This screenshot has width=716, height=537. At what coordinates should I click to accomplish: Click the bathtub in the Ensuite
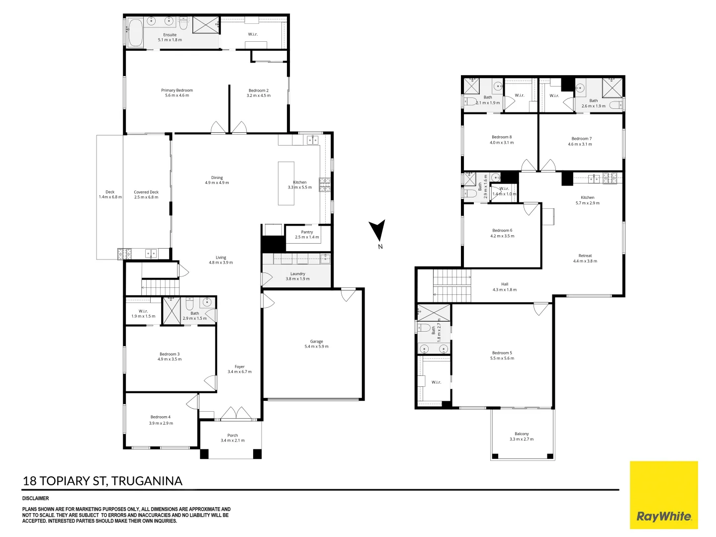click(x=135, y=33)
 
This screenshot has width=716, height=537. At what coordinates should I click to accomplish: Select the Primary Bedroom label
click(x=177, y=90)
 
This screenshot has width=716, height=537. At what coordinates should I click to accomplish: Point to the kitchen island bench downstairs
click(x=286, y=183)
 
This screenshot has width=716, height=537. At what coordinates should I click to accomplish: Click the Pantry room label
click(x=307, y=232)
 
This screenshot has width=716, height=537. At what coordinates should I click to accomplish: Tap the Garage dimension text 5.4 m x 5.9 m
click(x=316, y=347)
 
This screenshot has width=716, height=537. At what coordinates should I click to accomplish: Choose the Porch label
click(x=233, y=435)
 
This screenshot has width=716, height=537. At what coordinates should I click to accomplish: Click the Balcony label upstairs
click(x=522, y=434)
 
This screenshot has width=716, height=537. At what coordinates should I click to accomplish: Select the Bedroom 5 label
click(x=502, y=353)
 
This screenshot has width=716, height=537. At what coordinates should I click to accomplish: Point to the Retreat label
click(x=585, y=256)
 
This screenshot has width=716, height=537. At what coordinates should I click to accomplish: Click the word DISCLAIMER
click(x=36, y=498)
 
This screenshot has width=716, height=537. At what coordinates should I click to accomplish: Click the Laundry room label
click(x=297, y=274)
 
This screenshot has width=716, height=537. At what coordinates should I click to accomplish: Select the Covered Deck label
click(x=146, y=192)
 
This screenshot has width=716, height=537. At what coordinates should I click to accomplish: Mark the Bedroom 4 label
click(x=161, y=417)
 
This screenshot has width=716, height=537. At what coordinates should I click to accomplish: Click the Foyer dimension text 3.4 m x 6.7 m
click(x=240, y=372)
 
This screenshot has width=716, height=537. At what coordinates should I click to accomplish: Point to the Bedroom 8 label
click(x=502, y=137)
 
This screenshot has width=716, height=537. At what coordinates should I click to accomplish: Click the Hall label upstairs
click(x=505, y=284)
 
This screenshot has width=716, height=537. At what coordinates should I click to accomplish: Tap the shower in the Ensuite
click(x=205, y=25)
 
